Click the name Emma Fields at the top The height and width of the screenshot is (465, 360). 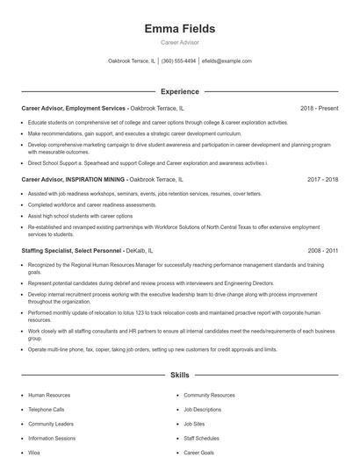coord(179,29)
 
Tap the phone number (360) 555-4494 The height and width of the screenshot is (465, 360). coord(178,61)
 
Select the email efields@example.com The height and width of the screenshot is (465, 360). coord(227,61)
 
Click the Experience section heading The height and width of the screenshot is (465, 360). coord(179,91)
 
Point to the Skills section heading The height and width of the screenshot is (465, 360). coord(179,376)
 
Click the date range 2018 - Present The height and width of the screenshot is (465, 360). coord(319,108)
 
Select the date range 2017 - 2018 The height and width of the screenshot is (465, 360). coord(322,179)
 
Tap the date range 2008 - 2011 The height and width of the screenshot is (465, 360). coord(322,251)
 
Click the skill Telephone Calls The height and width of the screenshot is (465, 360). coord(47,410)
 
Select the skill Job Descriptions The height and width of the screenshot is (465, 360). coord(203,410)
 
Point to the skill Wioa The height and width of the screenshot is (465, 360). coord(35,452)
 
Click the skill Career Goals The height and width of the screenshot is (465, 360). coord(198,452)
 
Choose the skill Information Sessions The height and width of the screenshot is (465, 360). coord(52,438)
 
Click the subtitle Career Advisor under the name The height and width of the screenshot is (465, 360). coord(179,43)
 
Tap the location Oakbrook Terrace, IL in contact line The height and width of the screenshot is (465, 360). coord(131,61)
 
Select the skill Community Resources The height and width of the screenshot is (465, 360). coord(209,396)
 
